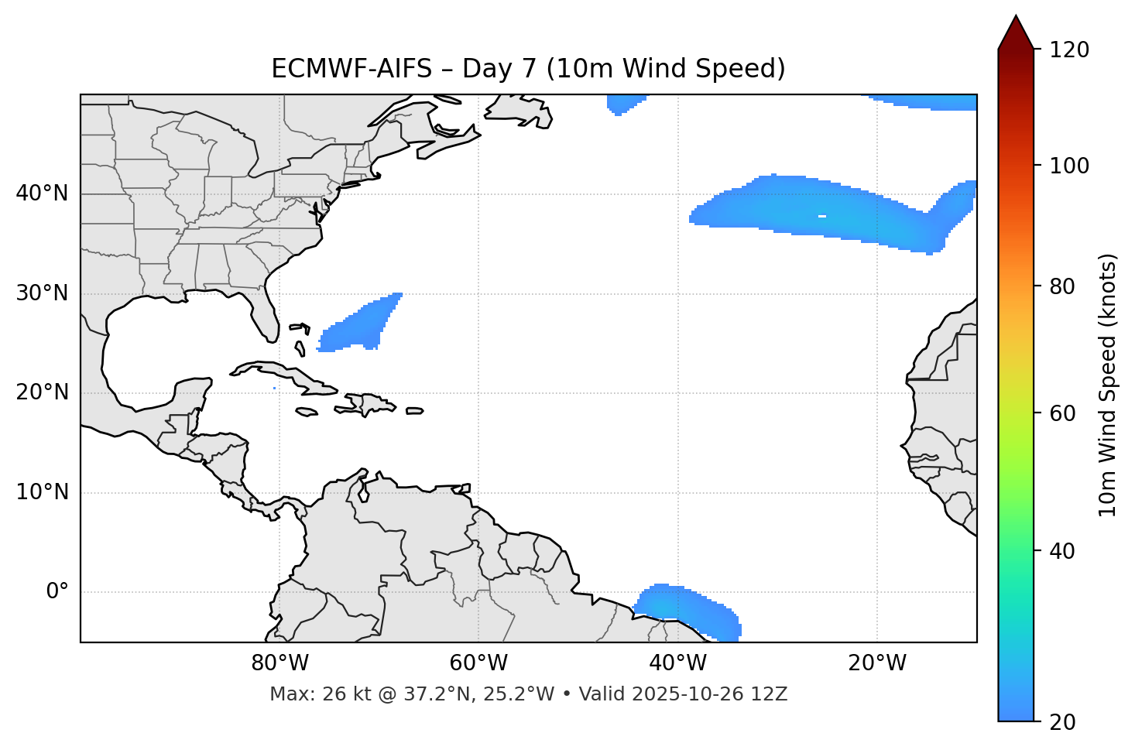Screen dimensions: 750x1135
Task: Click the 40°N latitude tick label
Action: (x=42, y=193)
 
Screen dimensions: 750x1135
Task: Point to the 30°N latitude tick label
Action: (x=42, y=293)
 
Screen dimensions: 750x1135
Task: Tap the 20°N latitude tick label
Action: (x=42, y=392)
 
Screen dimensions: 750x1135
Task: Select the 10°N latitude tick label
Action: (x=42, y=492)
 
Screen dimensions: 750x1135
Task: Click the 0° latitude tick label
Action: (x=57, y=592)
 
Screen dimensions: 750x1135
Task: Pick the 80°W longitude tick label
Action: (x=279, y=663)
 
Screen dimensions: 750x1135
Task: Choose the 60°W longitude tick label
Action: (x=478, y=663)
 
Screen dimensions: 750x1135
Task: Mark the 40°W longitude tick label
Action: (x=677, y=663)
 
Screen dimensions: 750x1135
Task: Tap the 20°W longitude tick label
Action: (x=876, y=663)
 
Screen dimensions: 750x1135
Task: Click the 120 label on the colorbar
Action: (x=1069, y=50)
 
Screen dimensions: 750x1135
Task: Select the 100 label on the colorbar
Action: (x=1069, y=166)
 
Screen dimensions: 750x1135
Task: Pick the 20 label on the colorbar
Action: (x=1062, y=722)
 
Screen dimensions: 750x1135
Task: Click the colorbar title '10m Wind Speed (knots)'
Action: (x=1108, y=385)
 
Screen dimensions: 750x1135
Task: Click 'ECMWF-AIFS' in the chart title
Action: (x=351, y=69)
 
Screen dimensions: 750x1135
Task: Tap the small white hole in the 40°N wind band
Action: (x=821, y=216)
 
